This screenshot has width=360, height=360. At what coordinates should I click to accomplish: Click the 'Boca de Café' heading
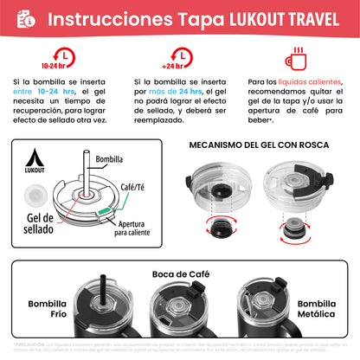pyautogui.click(x=179, y=273)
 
